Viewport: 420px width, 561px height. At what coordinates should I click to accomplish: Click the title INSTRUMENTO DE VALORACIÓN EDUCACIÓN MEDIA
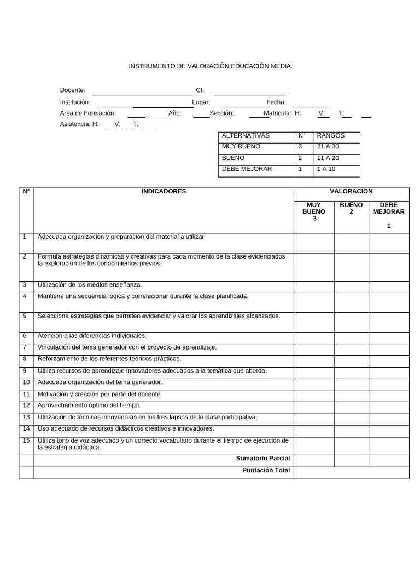pos(209,66)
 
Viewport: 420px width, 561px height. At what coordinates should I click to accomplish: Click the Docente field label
pos(72,90)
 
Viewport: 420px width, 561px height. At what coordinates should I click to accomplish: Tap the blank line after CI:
pos(249,91)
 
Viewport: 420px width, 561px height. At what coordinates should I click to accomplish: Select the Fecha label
pos(276,102)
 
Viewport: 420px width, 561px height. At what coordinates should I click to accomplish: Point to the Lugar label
pos(201,102)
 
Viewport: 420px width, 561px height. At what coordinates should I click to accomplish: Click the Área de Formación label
pos(87,113)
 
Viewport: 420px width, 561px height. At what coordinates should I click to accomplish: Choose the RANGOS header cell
pos(331,136)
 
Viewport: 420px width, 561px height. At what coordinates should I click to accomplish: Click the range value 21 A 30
pos(328,147)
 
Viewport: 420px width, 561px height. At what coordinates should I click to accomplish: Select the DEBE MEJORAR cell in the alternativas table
pos(247,169)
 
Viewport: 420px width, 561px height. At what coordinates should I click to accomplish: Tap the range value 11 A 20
pos(328,158)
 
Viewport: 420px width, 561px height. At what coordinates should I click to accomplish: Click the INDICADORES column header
pos(164,192)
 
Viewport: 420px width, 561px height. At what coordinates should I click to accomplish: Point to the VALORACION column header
pos(351,192)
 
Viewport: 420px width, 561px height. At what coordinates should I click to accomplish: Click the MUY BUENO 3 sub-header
pos(313,211)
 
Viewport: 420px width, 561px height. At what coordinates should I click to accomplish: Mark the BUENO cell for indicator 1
pos(351,243)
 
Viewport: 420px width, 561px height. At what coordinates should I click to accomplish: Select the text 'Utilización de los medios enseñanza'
pos(90,285)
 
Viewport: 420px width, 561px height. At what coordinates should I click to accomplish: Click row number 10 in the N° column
pos(26,382)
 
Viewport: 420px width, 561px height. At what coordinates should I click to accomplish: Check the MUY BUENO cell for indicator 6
pos(313,336)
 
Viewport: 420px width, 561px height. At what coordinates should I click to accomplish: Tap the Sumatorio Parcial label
pos(262,459)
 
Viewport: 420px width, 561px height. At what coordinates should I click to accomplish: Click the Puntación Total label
pos(266,471)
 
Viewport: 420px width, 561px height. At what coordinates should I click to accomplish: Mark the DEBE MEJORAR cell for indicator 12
pos(388,406)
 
